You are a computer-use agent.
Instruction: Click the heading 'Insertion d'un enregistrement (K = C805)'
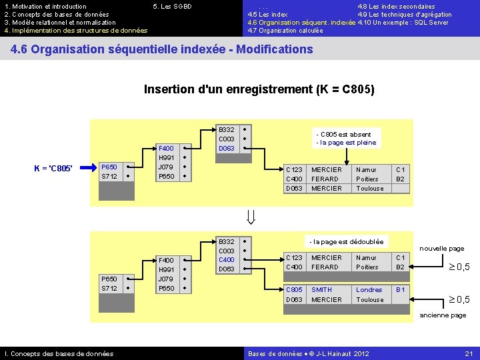(259, 89)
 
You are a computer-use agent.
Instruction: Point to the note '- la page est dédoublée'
(347, 241)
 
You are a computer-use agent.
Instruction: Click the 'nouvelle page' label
(441, 249)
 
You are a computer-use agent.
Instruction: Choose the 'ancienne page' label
(443, 315)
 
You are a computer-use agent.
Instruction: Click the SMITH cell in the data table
(321, 290)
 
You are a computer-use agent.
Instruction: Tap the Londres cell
(369, 290)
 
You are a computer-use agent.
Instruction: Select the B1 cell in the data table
(400, 290)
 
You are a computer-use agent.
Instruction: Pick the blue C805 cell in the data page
(294, 290)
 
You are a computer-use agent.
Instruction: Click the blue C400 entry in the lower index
(227, 260)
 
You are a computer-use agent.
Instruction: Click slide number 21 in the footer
(468, 353)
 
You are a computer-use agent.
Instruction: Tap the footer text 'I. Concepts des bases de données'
(59, 353)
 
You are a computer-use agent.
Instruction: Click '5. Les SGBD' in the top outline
(172, 7)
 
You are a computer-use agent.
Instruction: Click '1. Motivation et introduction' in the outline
(45, 7)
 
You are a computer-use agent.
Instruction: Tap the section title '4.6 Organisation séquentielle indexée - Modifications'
(162, 49)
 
